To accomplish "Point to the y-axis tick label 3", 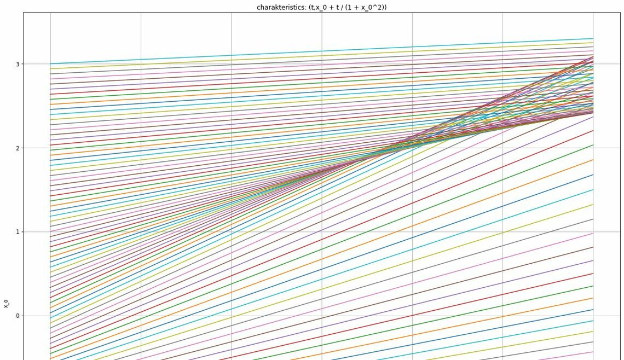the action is coord(18,64).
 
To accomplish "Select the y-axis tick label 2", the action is coord(18,148).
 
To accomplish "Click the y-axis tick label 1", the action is coord(18,232).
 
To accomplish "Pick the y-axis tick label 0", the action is coord(18,316).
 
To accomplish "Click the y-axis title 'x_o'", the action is coord(7,304).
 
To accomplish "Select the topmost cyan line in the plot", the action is coord(321,51).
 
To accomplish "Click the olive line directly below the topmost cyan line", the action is coord(321,56).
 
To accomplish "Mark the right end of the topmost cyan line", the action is coord(593,39).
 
